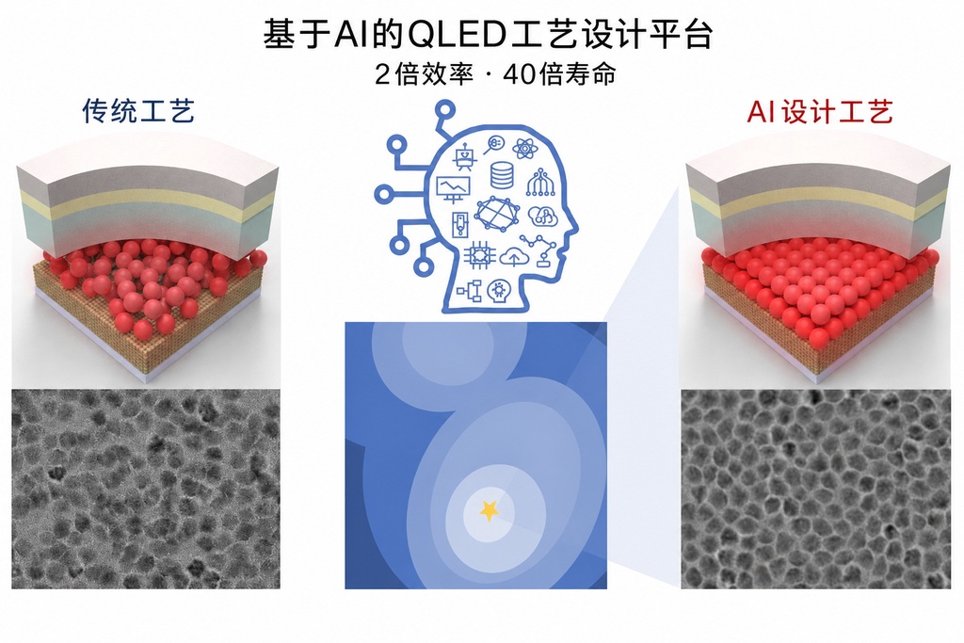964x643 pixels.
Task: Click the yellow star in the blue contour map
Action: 490,509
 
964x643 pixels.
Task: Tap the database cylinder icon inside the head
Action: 503,175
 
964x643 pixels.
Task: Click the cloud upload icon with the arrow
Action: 511,256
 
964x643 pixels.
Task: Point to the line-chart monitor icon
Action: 453,188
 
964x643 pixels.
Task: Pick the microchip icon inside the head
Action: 478,255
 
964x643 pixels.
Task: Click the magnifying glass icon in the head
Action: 493,145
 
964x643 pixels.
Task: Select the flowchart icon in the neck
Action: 471,290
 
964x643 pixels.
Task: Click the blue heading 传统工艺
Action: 138,111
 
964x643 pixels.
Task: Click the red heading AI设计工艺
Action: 820,112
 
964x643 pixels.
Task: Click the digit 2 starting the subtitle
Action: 382,75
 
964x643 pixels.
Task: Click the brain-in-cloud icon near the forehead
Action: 541,216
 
